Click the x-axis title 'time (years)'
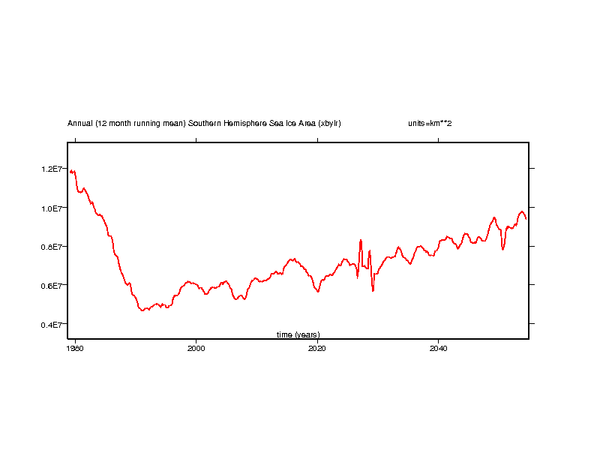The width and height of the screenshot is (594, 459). point(298,334)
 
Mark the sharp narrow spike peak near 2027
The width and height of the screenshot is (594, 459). point(361,240)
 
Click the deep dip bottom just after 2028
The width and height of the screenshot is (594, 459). point(373,290)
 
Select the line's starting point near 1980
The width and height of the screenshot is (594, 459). point(70,172)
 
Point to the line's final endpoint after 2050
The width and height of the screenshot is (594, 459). point(526,219)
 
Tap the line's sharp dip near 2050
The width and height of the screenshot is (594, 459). point(503,249)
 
